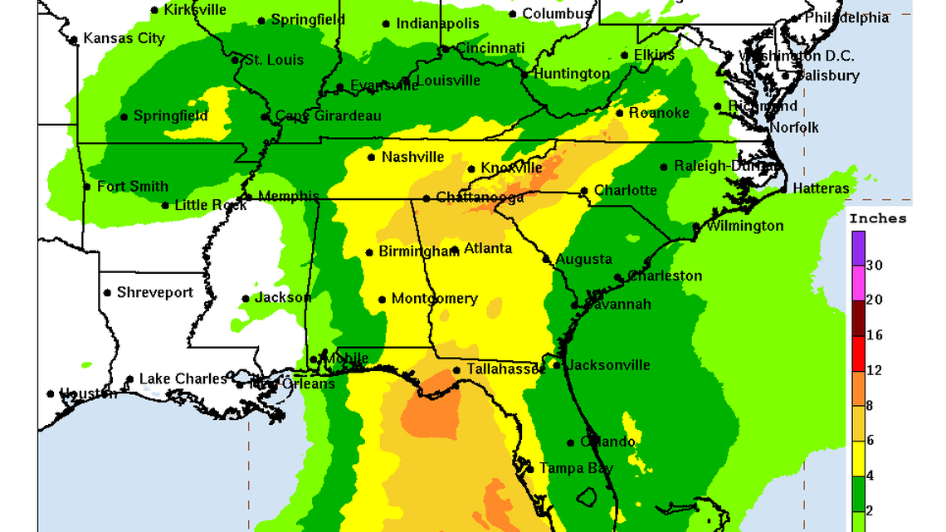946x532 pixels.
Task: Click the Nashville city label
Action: (x=412, y=157)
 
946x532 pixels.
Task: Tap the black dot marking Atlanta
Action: (x=455, y=249)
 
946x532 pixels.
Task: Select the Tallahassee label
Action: (x=505, y=369)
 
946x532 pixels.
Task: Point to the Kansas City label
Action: (x=124, y=38)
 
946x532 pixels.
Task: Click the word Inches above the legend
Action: (x=877, y=219)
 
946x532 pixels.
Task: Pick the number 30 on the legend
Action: (x=874, y=266)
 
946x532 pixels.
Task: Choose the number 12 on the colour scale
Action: (x=874, y=370)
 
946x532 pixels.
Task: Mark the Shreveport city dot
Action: (x=107, y=293)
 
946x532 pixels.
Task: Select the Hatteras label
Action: (x=821, y=188)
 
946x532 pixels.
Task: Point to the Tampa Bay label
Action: (x=576, y=468)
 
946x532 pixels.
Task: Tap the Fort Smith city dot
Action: (x=87, y=187)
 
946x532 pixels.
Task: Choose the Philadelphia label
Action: (x=846, y=17)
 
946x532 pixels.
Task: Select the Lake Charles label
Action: (x=183, y=378)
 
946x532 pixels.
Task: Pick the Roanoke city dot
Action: (x=620, y=113)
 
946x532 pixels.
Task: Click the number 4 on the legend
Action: (x=870, y=476)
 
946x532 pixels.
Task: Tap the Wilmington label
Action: (x=744, y=226)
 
